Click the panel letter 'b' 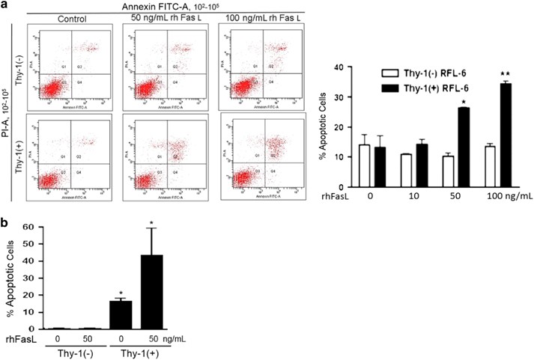(x=6, y=222)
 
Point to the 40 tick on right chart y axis (x=346, y=67)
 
